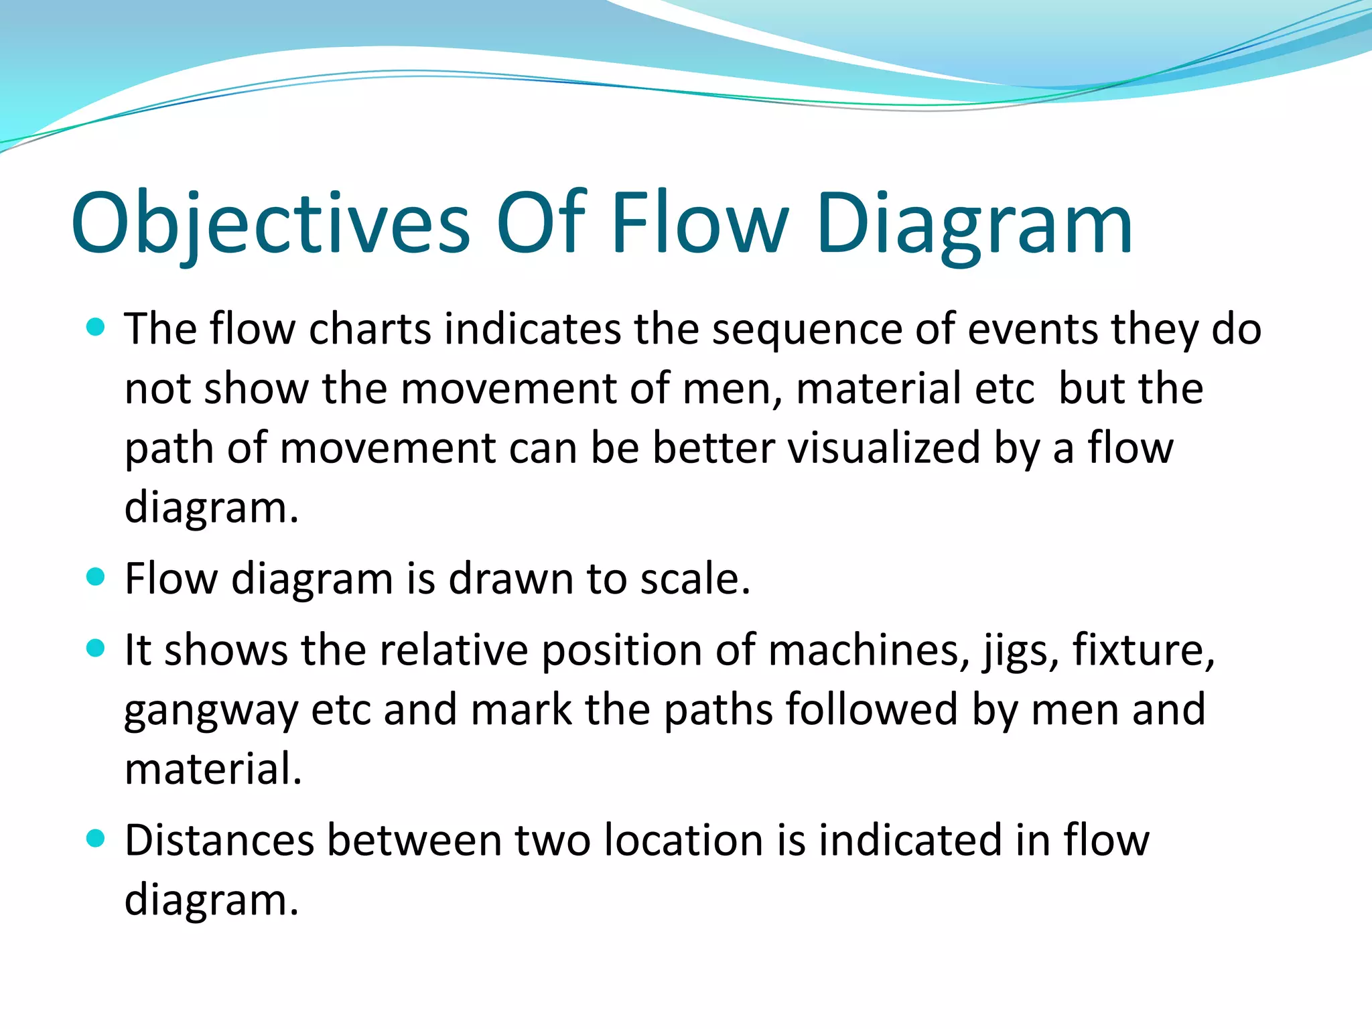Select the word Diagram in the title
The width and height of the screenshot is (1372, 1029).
[974, 224]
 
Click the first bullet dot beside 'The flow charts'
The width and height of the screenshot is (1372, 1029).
[96, 327]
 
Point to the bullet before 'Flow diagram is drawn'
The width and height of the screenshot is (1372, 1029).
[96, 577]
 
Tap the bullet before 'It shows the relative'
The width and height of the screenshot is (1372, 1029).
[96, 648]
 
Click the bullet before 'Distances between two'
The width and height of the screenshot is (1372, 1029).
[96, 838]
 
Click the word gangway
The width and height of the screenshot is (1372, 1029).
[211, 711]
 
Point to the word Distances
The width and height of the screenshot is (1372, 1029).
[219, 840]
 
